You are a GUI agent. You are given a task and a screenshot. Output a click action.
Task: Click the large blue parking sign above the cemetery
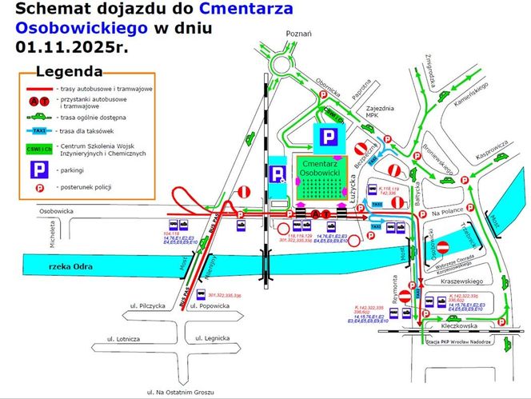(x=329, y=137)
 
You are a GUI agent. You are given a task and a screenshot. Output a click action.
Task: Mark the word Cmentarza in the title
(x=244, y=10)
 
